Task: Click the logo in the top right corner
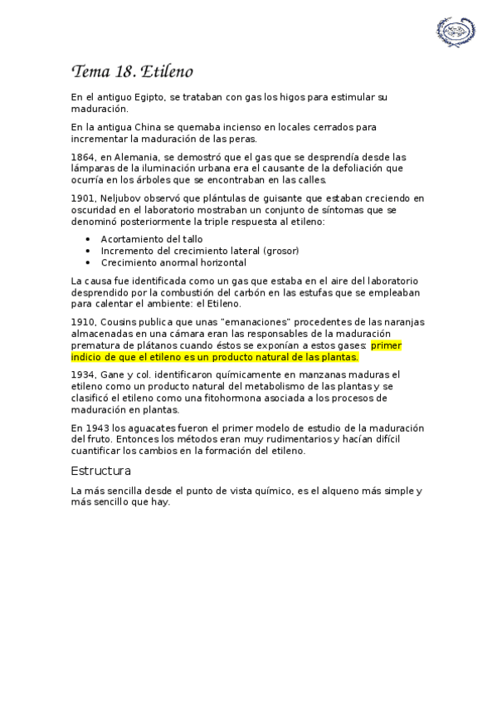point(456,31)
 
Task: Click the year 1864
point(83,156)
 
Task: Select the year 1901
point(83,198)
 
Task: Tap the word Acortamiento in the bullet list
point(130,239)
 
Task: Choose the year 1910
point(83,321)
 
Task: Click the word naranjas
point(402,321)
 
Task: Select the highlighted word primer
point(387,345)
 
